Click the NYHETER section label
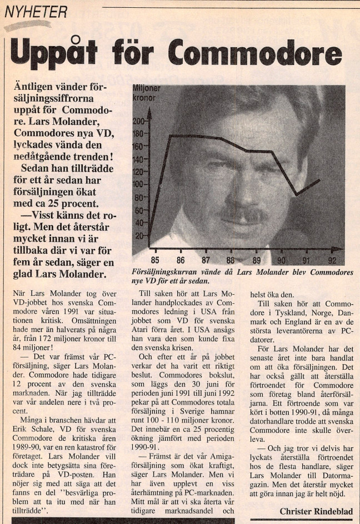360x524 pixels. [x=36, y=11]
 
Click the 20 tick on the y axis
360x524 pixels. [x=140, y=235]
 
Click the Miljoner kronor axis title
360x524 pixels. [x=147, y=92]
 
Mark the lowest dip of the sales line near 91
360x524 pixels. [x=297, y=194]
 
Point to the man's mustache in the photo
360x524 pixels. [x=244, y=213]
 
